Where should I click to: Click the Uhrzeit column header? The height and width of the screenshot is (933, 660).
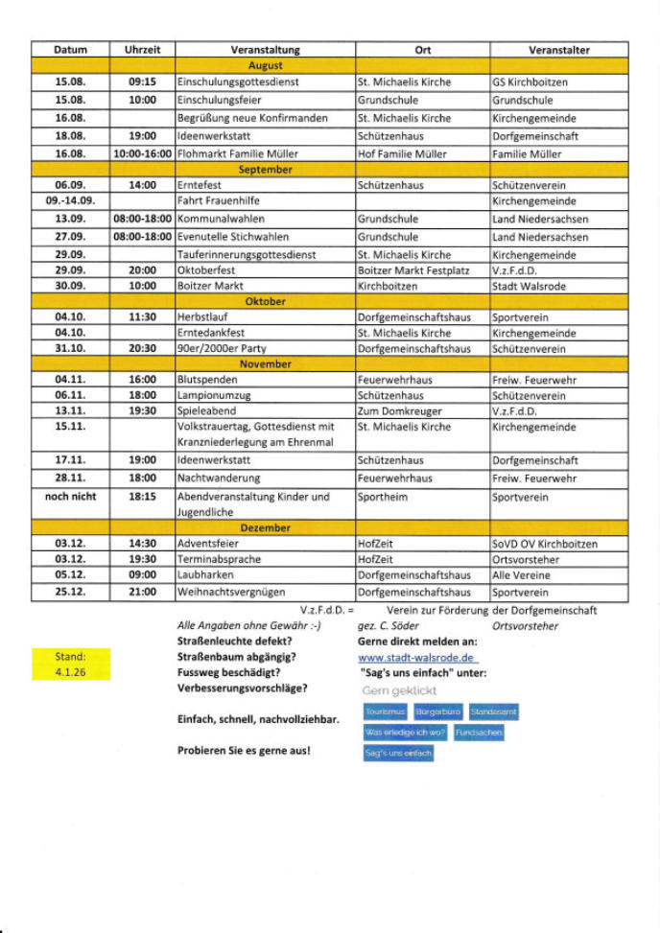pyautogui.click(x=142, y=50)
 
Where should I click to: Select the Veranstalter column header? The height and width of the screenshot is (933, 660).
pyautogui.click(x=558, y=50)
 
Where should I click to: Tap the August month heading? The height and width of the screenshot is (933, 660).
pyautogui.click(x=265, y=66)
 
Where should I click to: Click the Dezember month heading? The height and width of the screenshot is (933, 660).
pyautogui.click(x=265, y=527)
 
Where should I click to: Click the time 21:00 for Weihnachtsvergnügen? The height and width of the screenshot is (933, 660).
pyautogui.click(x=142, y=592)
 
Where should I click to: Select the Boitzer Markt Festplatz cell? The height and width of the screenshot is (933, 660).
pyautogui.click(x=413, y=270)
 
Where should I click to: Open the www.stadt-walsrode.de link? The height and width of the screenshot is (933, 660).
pyautogui.click(x=416, y=658)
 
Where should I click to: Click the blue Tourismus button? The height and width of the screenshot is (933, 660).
pyautogui.click(x=385, y=712)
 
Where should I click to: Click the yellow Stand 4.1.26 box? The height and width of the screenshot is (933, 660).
pyautogui.click(x=70, y=664)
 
